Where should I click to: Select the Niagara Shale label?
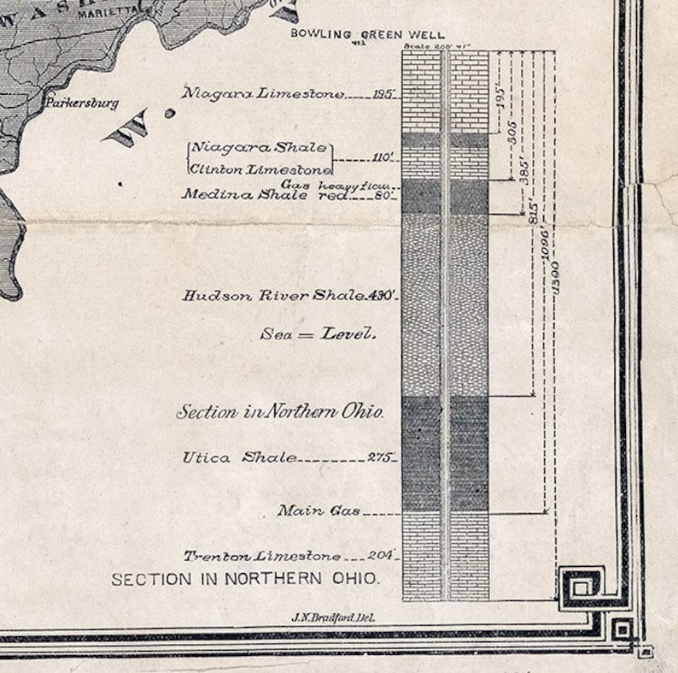258,148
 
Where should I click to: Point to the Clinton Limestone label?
260,168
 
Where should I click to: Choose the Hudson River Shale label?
273,296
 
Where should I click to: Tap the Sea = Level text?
318,334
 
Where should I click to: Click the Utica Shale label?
239,458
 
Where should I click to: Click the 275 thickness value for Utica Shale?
379,458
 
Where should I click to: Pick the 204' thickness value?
381,556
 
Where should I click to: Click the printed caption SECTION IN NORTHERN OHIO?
245,579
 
